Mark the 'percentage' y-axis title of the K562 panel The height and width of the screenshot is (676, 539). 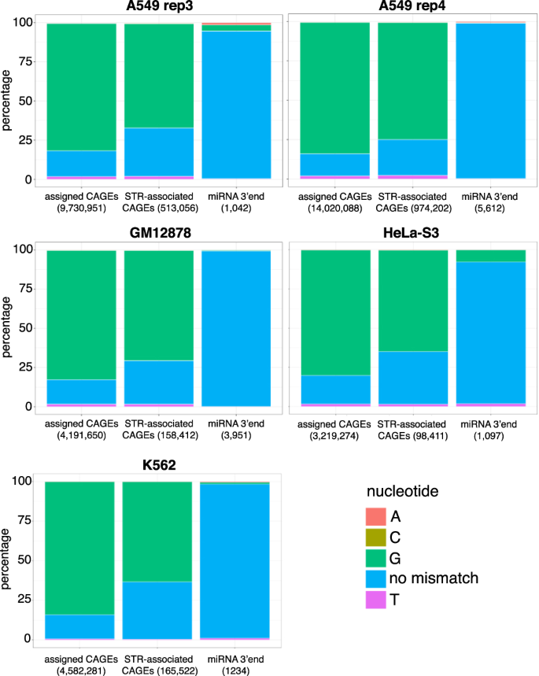point(8,560)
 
